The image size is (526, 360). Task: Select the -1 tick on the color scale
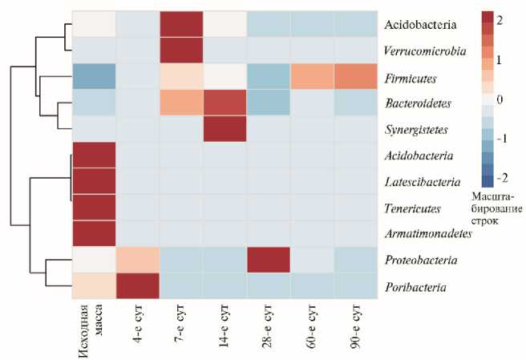click(x=501, y=138)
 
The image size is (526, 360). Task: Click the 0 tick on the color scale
click(x=500, y=99)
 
